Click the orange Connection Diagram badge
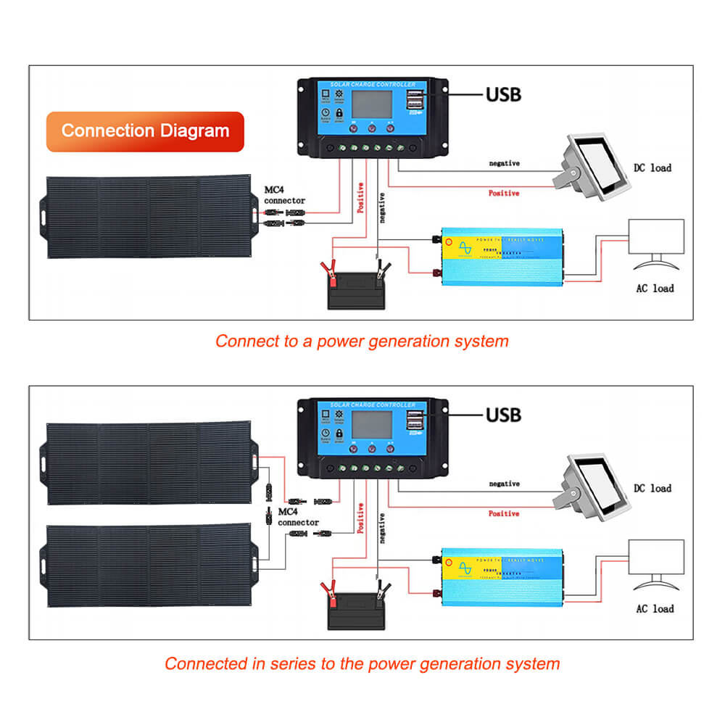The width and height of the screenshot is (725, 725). tap(145, 131)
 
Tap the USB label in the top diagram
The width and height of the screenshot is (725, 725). tap(503, 94)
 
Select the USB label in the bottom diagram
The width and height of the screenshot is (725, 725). tap(503, 415)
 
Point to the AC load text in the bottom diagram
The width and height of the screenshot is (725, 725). tap(654, 609)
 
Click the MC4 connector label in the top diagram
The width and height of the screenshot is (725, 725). tap(285, 195)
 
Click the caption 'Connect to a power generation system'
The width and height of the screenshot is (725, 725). tap(362, 341)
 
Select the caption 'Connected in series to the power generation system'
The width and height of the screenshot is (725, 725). tap(362, 663)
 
